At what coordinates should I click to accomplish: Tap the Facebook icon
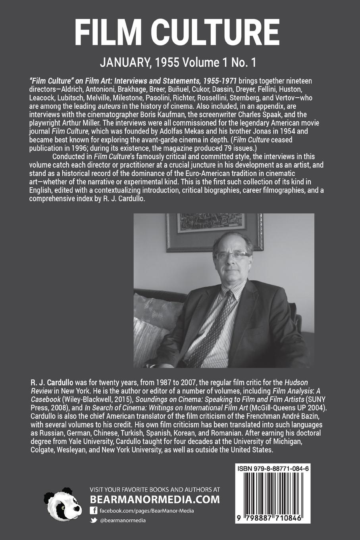pos(94,511)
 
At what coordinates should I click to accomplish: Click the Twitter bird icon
pos(94,520)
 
